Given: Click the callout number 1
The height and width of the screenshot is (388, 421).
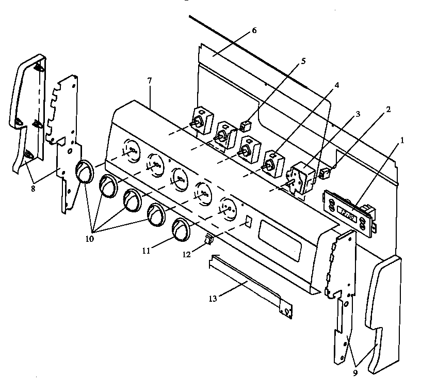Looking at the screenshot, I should (401, 139).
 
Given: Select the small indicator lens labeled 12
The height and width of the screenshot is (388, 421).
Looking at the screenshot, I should (209, 239).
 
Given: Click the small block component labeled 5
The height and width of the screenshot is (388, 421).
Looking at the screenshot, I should (246, 126).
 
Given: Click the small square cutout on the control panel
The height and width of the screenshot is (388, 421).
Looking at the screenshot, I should (247, 222).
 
